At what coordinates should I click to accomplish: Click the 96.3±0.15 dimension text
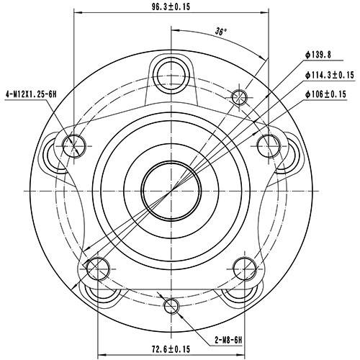tap(171, 7)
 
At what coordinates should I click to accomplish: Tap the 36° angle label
tap(221, 31)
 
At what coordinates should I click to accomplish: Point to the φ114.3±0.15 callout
tap(330, 75)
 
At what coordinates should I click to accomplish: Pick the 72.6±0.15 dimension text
tap(171, 349)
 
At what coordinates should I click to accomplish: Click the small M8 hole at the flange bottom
tap(171, 307)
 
